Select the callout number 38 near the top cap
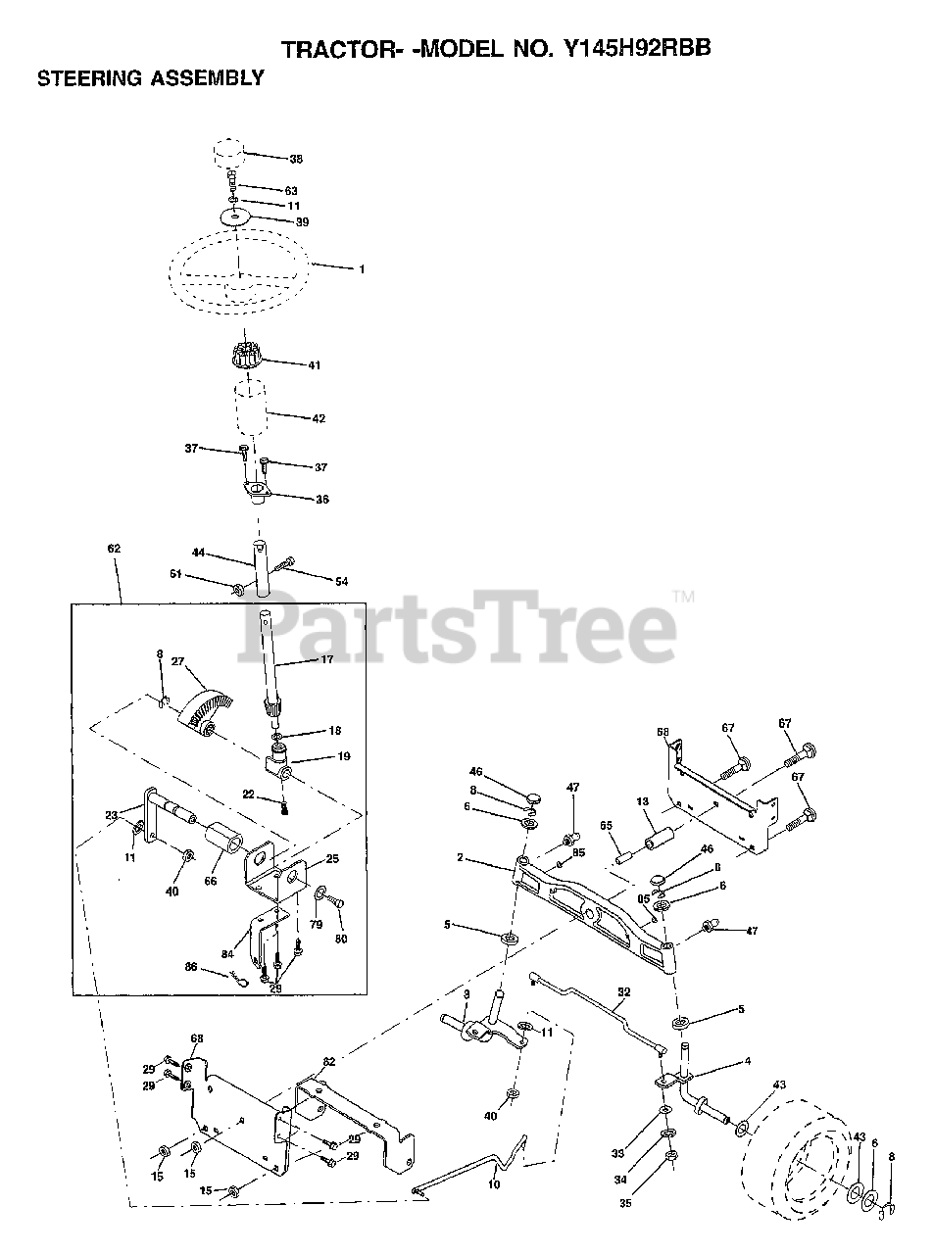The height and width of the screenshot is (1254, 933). pos(297,158)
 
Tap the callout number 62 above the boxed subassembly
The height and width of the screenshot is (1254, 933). pos(114,549)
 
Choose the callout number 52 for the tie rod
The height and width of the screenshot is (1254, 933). pos(624,991)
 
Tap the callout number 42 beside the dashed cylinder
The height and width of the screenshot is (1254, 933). pos(319,418)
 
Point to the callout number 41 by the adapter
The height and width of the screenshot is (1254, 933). pos(314,365)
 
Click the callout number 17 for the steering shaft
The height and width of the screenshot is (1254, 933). pos(327,661)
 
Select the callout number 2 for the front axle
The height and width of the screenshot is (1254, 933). pos(460,857)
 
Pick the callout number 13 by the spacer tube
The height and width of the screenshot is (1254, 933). pos(643,801)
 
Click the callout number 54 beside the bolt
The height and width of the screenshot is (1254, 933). pos(341,582)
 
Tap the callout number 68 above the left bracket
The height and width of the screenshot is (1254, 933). pos(196,1038)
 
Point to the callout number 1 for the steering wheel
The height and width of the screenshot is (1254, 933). pos(361,268)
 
